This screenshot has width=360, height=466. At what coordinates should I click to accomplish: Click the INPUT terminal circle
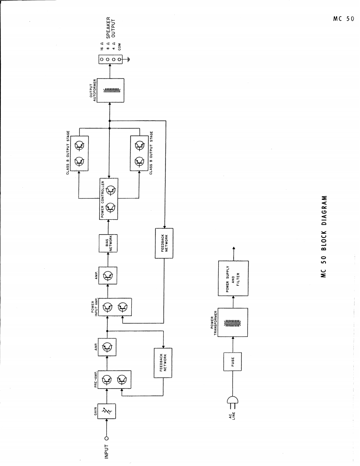[x=107, y=438]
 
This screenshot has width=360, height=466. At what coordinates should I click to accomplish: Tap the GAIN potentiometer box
[x=107, y=411]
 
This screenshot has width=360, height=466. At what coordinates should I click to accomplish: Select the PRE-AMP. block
[x=114, y=379]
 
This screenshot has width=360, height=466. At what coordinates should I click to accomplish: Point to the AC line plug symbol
[x=231, y=401]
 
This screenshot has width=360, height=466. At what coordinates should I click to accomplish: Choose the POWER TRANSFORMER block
[x=233, y=322]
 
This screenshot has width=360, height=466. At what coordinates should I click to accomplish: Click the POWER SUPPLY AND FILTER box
[x=233, y=278]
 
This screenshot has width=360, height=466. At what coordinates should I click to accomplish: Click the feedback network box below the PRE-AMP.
[x=163, y=363]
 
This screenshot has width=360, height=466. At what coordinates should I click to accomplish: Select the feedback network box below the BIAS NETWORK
[x=164, y=243]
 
